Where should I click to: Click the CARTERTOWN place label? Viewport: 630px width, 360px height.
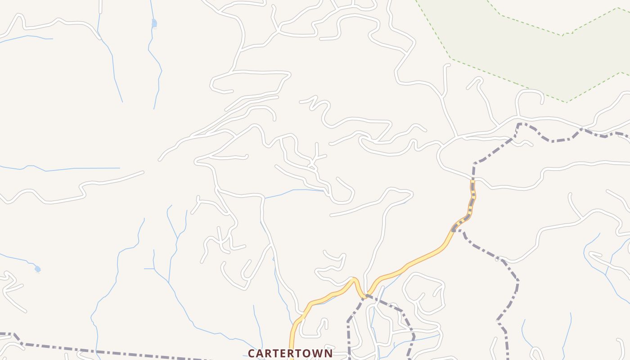point(290,353)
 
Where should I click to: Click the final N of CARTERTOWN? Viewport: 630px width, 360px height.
point(328,354)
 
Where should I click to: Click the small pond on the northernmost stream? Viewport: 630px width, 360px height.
point(154,23)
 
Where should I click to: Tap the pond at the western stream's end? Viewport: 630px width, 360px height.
point(37,269)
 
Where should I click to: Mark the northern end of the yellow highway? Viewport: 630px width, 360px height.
point(472,181)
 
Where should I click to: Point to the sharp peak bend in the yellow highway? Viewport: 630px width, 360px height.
point(354,279)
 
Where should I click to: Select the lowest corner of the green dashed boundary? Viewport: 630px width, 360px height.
point(567,102)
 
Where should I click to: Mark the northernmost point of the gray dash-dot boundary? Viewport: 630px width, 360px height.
point(520,123)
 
